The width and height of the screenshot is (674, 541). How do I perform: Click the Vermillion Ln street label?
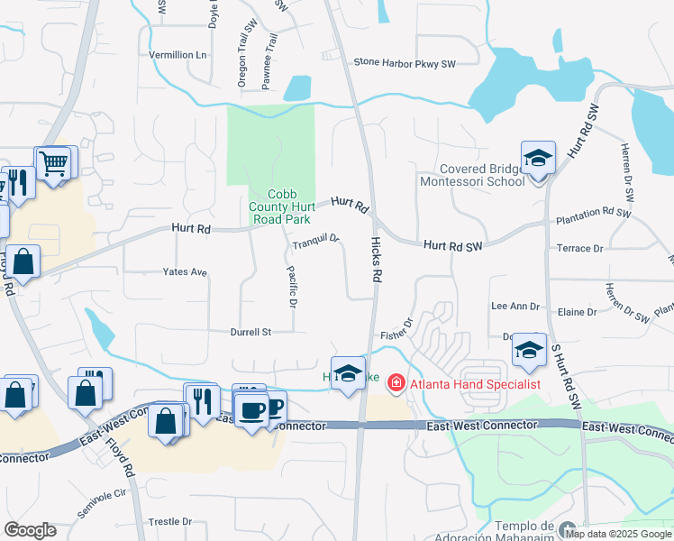(x=178, y=55)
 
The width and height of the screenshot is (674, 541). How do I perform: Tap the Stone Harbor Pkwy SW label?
(x=405, y=63)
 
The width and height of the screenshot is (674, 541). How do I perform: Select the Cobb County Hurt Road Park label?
(x=279, y=206)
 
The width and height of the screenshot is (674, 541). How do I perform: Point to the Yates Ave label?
(x=185, y=271)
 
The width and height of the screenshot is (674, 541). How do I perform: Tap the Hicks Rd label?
(x=378, y=258)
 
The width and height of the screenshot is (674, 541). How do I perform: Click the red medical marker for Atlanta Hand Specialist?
(x=395, y=384)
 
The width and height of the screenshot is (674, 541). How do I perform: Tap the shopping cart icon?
(x=54, y=164)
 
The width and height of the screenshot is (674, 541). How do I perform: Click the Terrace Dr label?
(x=579, y=248)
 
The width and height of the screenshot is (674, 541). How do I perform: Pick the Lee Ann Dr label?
(x=515, y=307)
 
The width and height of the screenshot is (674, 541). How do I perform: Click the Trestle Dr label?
(x=170, y=521)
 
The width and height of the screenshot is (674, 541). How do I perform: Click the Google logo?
(x=30, y=530)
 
